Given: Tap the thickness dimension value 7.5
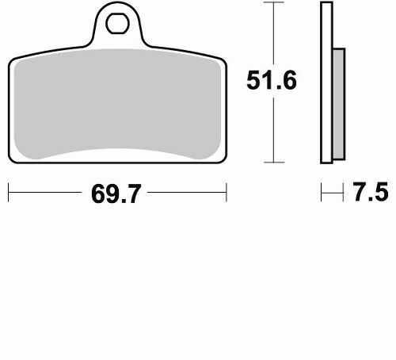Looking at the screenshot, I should [367, 193].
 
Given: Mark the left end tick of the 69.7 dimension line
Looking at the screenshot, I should [8, 192].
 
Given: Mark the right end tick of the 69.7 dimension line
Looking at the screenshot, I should [227, 192].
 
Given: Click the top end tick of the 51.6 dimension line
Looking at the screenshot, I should [273, 3].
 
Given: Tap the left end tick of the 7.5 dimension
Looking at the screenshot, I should [321, 192].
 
